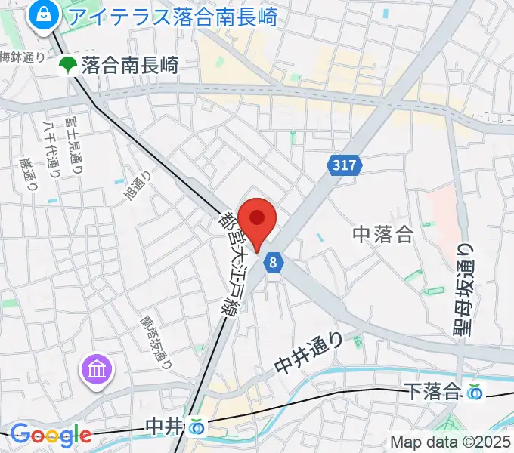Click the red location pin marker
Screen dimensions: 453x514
click(x=257, y=220)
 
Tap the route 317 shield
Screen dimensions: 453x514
click(x=345, y=164)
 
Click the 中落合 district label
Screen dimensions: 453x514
click(x=383, y=234)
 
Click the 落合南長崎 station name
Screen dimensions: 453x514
click(x=129, y=66)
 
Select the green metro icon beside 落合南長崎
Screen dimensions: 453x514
click(x=68, y=66)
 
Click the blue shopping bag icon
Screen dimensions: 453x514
click(x=42, y=14)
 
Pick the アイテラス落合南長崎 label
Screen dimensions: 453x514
click(x=169, y=14)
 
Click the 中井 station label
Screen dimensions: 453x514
click(x=164, y=427)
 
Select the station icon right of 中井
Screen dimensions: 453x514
click(x=197, y=427)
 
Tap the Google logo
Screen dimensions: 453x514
click(x=51, y=435)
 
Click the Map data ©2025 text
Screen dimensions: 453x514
click(x=451, y=442)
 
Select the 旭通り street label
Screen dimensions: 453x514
click(x=140, y=186)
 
